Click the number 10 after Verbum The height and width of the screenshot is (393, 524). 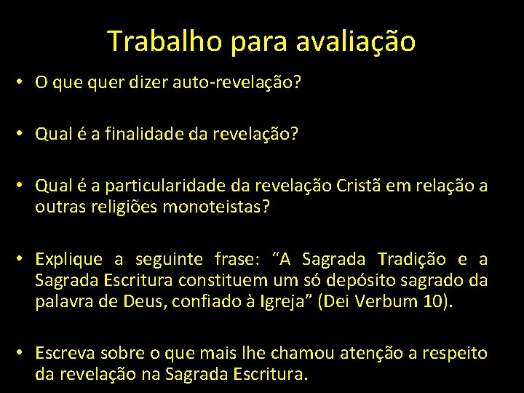[433, 301]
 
